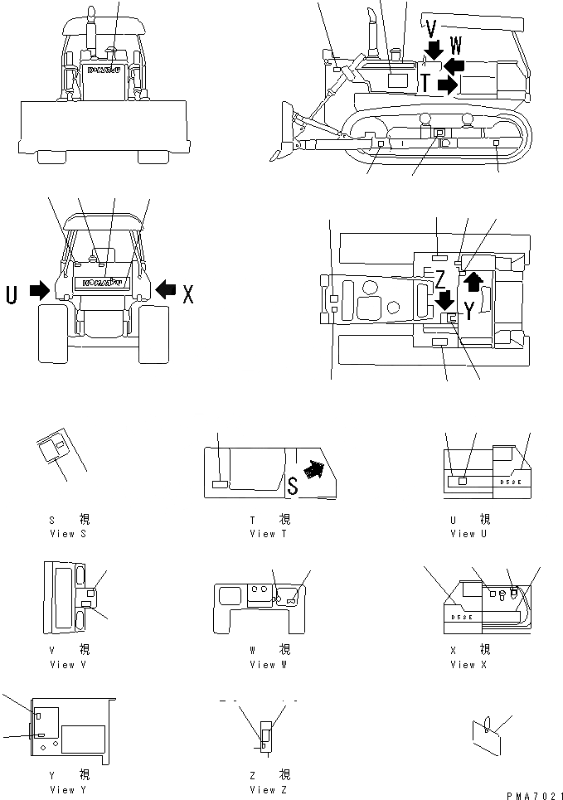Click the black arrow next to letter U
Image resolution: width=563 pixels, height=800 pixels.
[39, 291]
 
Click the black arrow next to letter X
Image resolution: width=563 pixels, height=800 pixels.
[166, 291]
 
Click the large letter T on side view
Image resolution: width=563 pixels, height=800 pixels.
[425, 82]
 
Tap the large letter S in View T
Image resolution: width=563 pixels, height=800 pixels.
[292, 483]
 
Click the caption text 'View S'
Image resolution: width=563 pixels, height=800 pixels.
[67, 533]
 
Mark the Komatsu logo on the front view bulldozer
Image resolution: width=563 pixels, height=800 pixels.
[104, 70]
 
